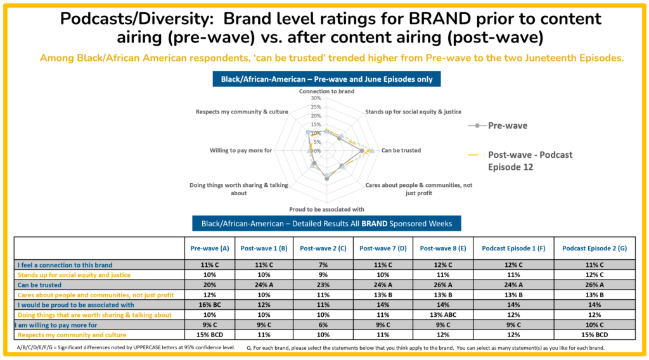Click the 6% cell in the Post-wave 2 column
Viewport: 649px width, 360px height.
pyautogui.click(x=322, y=325)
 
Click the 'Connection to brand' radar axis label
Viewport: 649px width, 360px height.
pyautogui.click(x=326, y=91)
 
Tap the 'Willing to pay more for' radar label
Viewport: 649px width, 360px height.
pyautogui.click(x=241, y=150)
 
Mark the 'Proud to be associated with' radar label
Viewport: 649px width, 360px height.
pyautogui.click(x=326, y=209)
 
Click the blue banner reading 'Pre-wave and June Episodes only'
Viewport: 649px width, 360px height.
pyautogui.click(x=326, y=79)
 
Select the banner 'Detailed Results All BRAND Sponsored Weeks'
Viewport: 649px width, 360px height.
pyautogui.click(x=326, y=223)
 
